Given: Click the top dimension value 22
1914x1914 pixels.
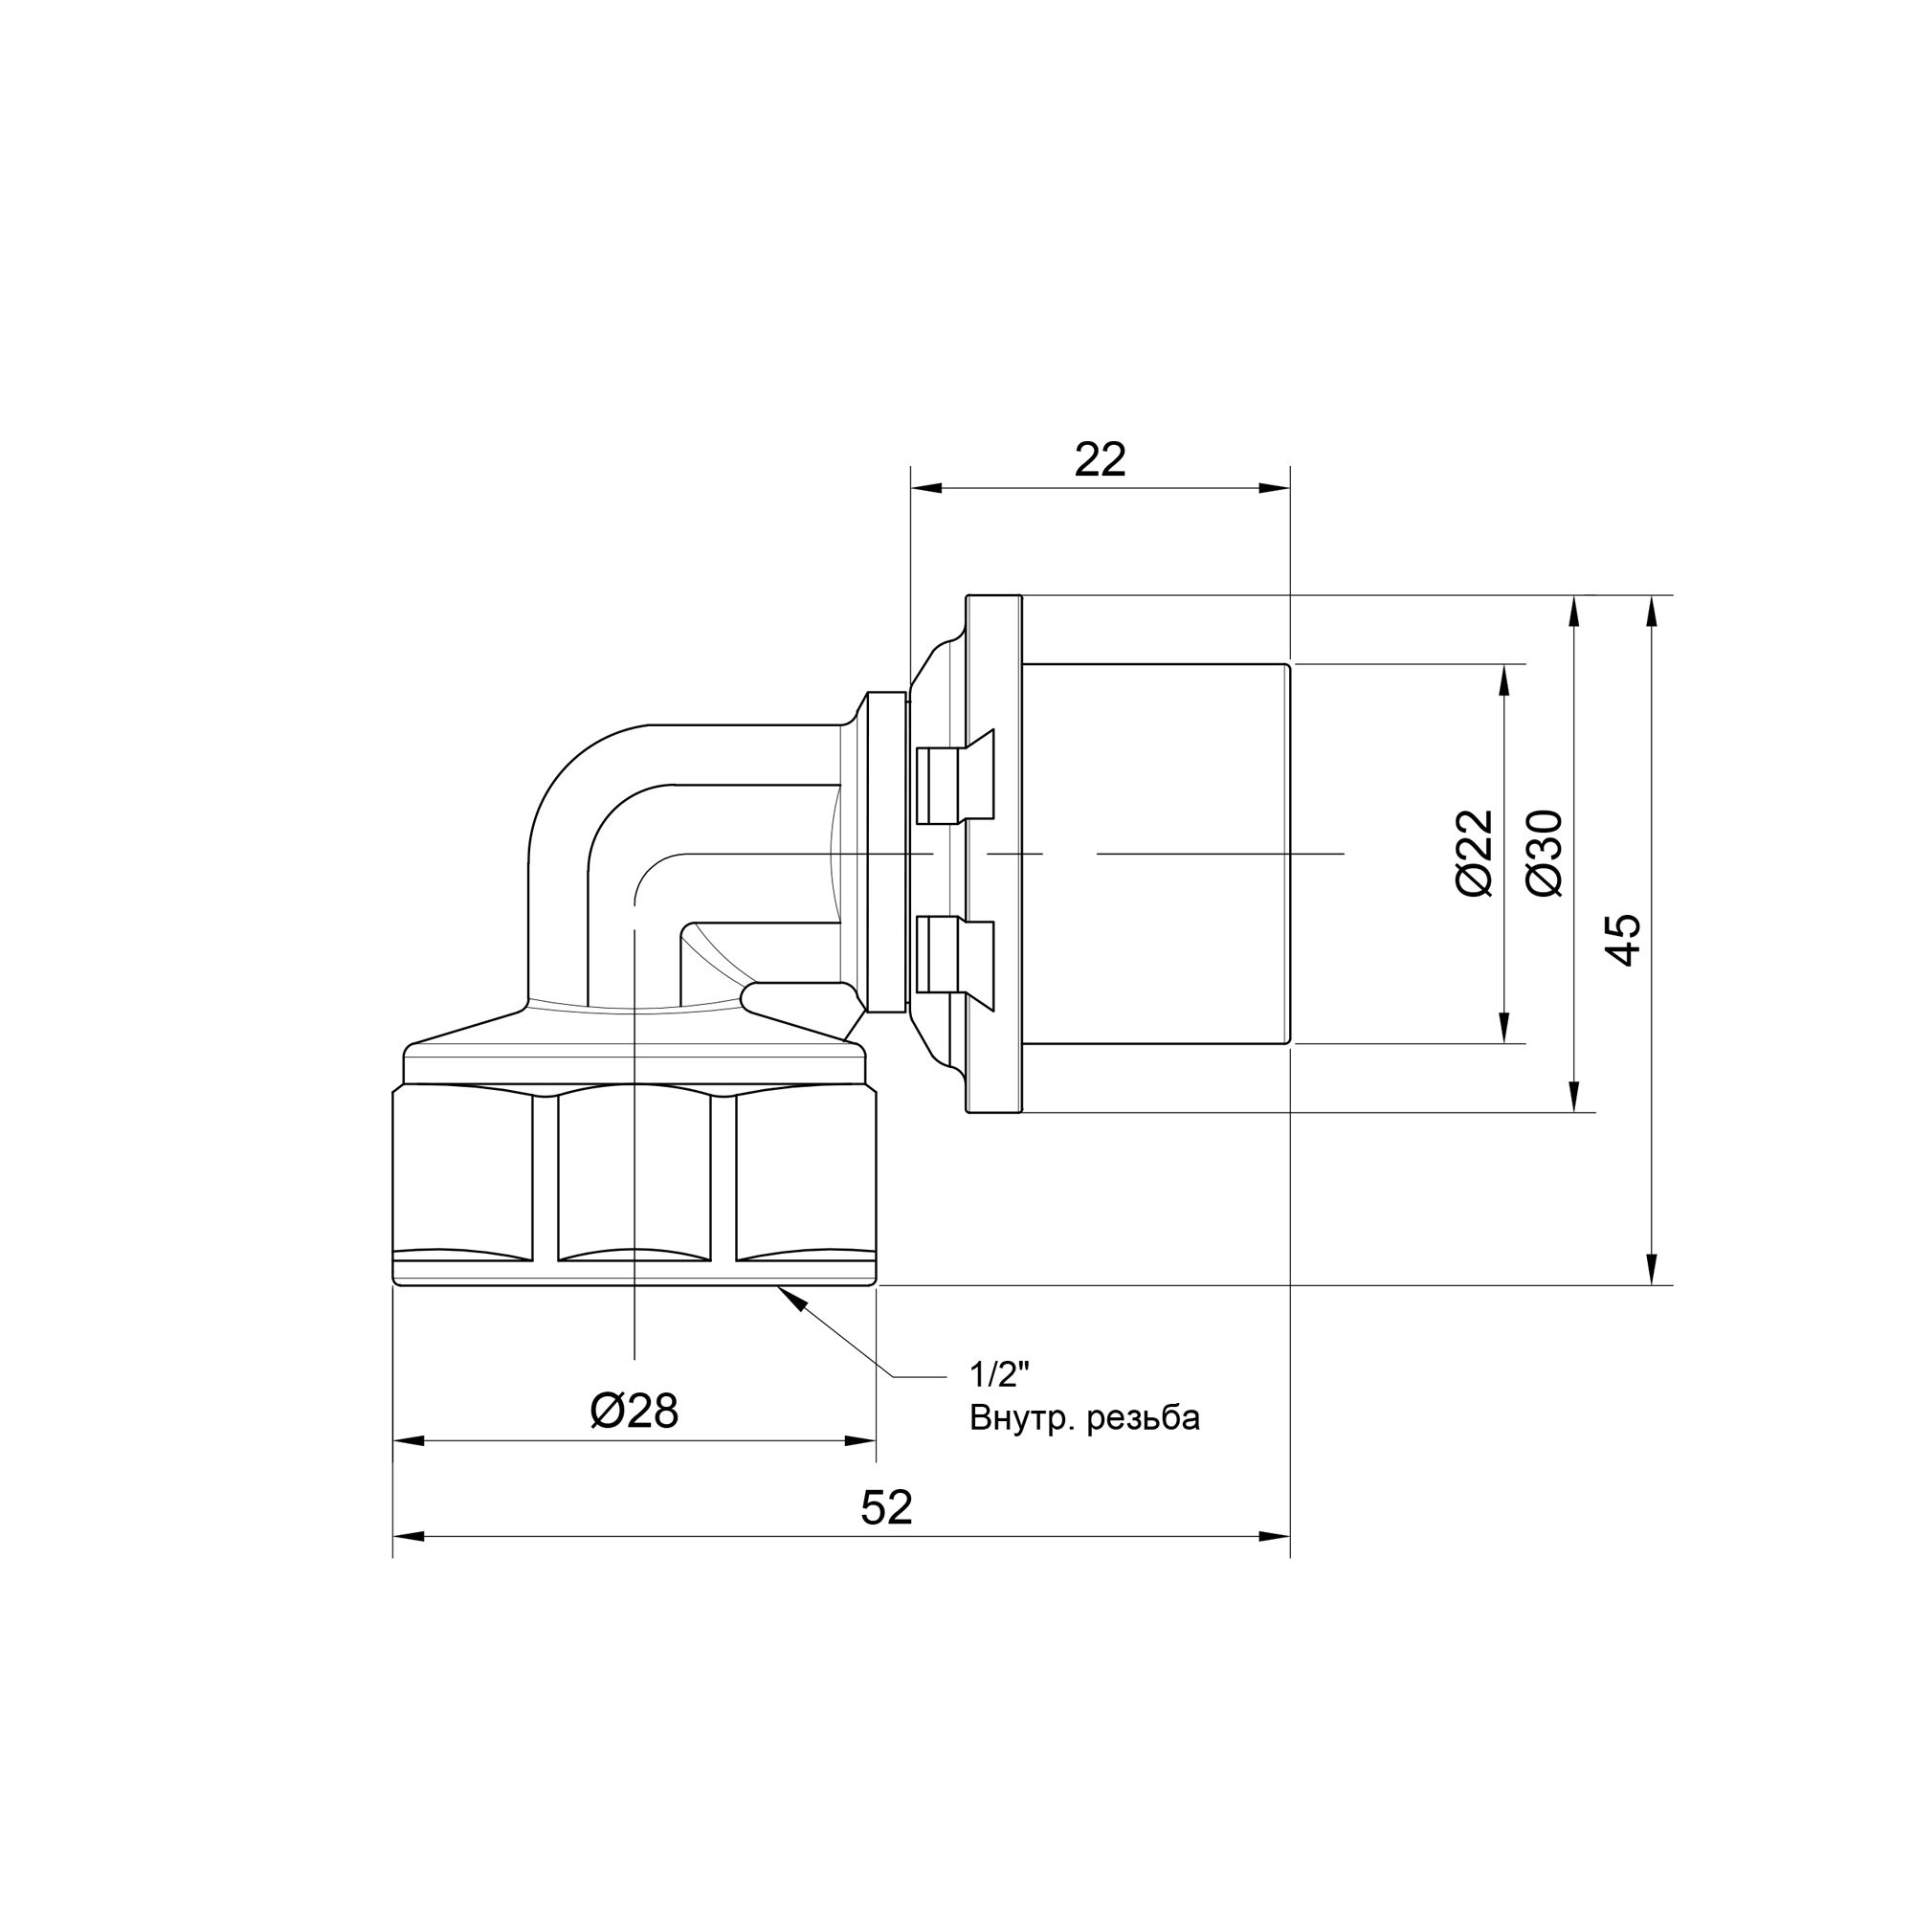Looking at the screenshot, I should pyautogui.click(x=1101, y=459).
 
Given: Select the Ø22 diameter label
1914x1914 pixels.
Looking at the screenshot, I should pyautogui.click(x=1475, y=853).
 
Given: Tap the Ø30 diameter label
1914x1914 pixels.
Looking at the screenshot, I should pyautogui.click(x=1546, y=853).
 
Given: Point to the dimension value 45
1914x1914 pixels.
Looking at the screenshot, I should pyautogui.click(x=1624, y=940).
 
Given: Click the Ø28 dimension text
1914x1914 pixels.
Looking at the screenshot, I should pyautogui.click(x=634, y=1411).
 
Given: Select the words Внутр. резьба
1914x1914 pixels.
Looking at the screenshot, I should pyautogui.click(x=1085, y=1417).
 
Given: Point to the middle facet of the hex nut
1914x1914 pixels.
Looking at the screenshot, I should pyautogui.click(x=634, y=1175).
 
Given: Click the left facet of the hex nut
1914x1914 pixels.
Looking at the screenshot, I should pyautogui.click(x=462, y=1175).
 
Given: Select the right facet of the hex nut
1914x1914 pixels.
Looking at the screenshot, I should pyautogui.click(x=805, y=1175).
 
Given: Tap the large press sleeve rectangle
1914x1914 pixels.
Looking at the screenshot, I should pyautogui.click(x=1155, y=853).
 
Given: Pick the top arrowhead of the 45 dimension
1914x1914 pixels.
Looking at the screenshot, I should pyautogui.click(x=1652, y=612).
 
